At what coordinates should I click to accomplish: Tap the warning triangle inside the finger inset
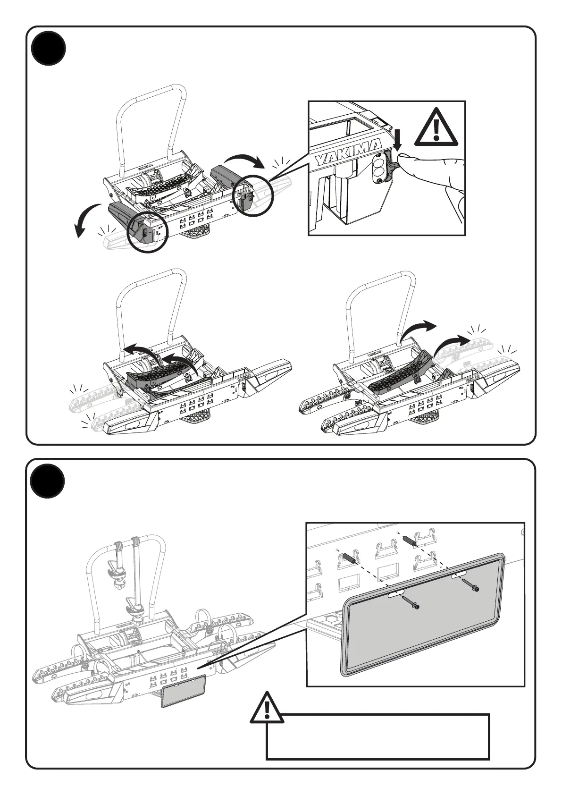pos(436,127)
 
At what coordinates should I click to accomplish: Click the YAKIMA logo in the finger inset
pos(348,152)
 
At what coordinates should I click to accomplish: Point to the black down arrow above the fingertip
pos(397,140)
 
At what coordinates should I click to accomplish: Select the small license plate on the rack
pos(184,690)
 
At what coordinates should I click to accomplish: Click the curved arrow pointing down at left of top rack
pos(85,220)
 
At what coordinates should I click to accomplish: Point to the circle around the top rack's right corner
pos(254,196)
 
